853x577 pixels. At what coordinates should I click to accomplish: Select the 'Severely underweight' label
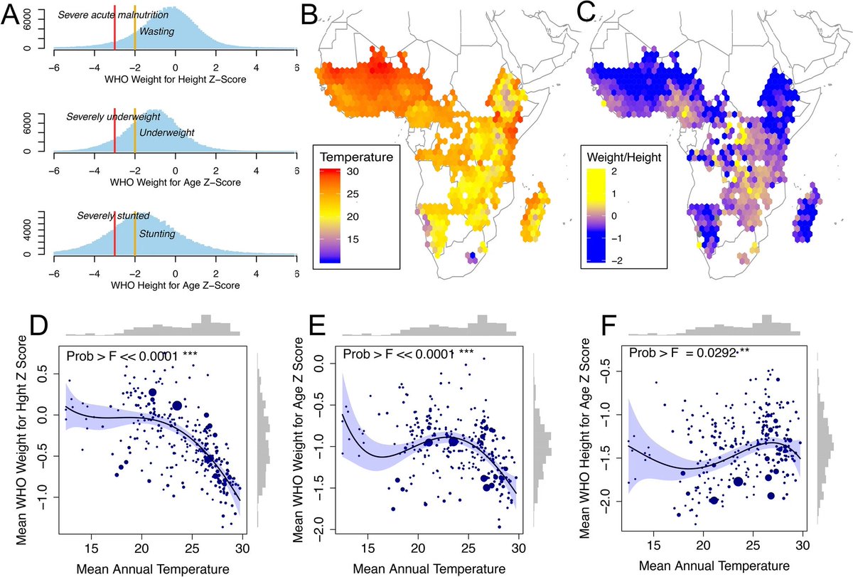tap(113, 116)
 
